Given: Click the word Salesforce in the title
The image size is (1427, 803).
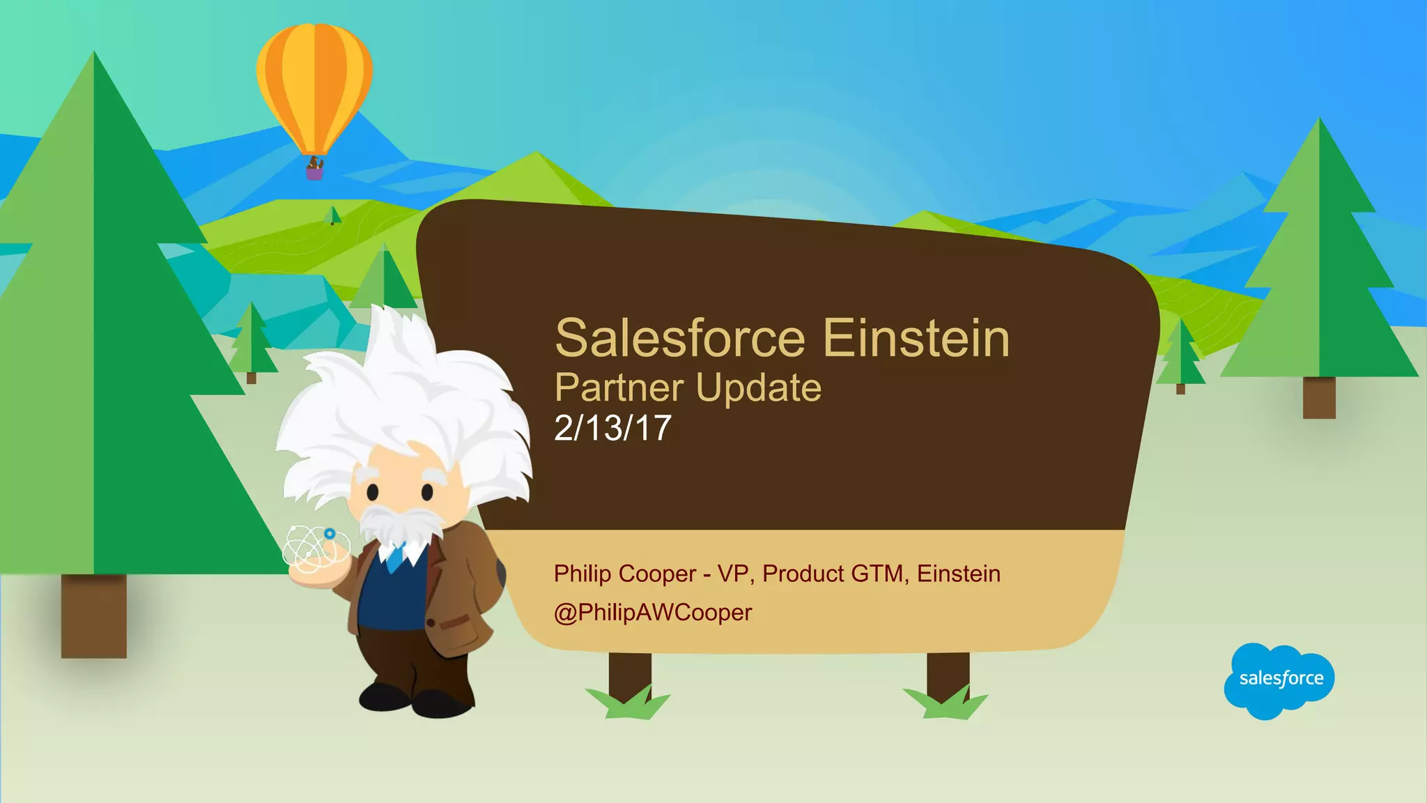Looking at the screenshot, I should click(680, 339).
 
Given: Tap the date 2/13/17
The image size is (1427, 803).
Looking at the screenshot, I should click(612, 428).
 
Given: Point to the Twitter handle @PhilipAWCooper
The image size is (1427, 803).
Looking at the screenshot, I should click(652, 613).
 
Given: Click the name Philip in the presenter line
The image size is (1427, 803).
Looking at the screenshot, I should click(583, 574).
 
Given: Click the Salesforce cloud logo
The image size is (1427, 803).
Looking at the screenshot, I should click(1279, 680).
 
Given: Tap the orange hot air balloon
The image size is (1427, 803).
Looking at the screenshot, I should click(314, 84).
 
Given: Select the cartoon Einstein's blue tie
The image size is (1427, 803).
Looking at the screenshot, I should click(396, 558).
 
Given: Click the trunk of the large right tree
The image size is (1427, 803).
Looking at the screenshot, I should click(1319, 397).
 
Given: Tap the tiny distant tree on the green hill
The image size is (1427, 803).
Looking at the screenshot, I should click(333, 215).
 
